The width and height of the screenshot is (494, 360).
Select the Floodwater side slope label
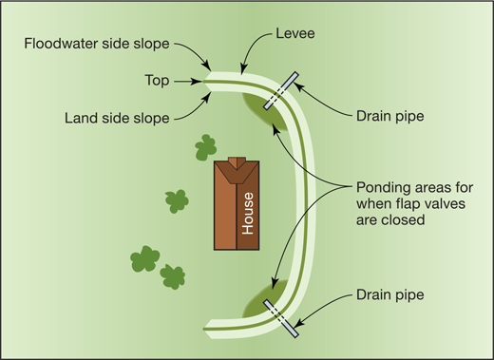point(100,44)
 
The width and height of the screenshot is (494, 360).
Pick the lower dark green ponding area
point(258,306)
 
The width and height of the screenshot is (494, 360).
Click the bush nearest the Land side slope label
point(205,147)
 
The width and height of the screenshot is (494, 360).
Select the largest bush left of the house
point(144,257)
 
